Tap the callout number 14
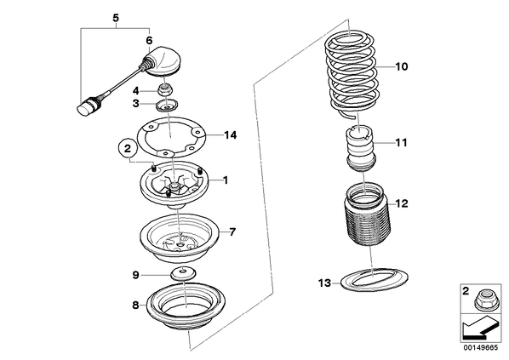tap(231, 134)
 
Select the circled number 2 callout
tap(128, 149)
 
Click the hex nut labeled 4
tap(164, 89)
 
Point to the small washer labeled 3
tap(167, 106)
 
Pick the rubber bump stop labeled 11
tap(361, 148)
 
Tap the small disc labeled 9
tap(183, 274)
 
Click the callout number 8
tap(135, 306)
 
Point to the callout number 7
tap(232, 231)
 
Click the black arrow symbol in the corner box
tap(479, 330)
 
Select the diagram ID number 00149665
tap(480, 348)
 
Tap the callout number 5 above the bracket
tap(116, 18)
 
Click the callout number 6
tap(149, 41)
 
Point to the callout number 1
tap(226, 180)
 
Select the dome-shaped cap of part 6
tap(163, 61)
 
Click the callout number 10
tap(401, 66)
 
